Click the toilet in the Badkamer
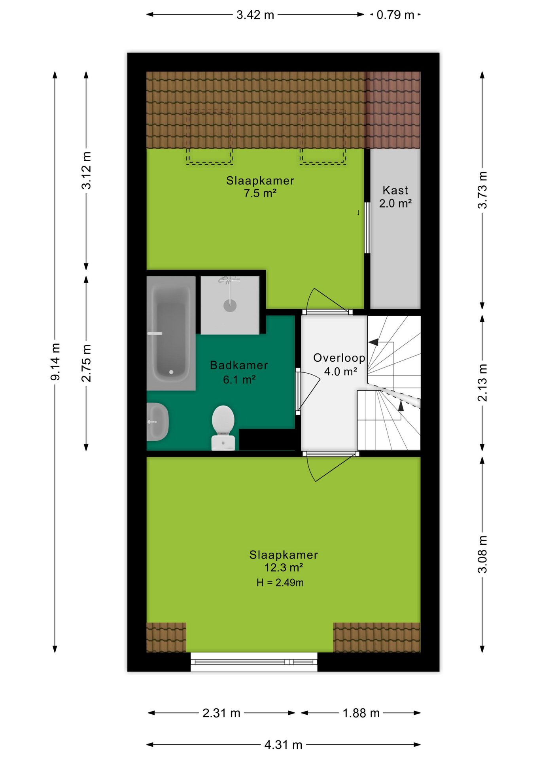223,428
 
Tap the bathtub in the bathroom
171,333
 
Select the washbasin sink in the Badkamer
158,422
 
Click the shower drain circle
230,305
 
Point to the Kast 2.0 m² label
395,196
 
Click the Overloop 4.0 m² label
339,364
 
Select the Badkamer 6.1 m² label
239,372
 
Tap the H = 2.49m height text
280,583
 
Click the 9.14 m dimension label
55,362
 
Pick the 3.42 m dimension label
255,15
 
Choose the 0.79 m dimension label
395,15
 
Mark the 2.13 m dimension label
482,383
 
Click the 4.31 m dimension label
283,745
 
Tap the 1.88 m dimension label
361,713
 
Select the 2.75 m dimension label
86,363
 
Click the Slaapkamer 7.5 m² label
260,187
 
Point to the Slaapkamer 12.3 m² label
284,561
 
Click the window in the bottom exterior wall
254,662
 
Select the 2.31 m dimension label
221,713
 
